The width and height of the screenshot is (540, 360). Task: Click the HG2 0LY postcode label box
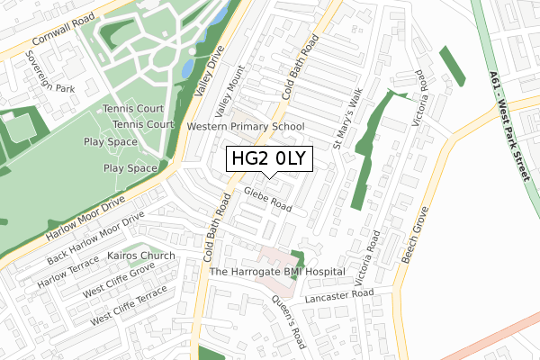pyautogui.click(x=270, y=159)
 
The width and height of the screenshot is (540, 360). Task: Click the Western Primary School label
pyautogui.click(x=246, y=127)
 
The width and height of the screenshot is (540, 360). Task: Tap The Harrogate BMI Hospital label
pyautogui.click(x=277, y=271)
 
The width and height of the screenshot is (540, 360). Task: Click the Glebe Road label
pyautogui.click(x=266, y=200)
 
